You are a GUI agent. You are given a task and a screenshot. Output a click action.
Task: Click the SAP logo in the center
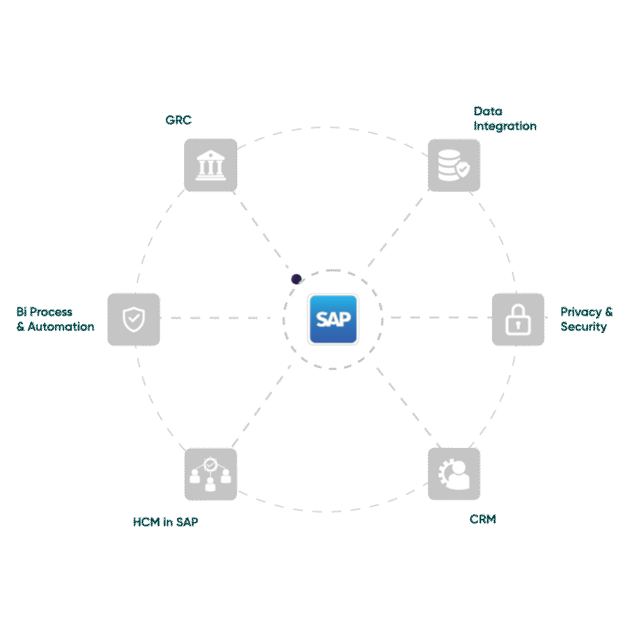[332, 319]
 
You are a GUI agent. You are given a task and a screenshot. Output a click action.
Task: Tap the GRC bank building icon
[210, 165]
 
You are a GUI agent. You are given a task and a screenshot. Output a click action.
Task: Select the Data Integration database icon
[454, 165]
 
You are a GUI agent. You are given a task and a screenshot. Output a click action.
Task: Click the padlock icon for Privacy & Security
[518, 319]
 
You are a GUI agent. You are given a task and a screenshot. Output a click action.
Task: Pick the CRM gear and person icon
[454, 473]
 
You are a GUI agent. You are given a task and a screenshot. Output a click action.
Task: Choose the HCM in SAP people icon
[210, 473]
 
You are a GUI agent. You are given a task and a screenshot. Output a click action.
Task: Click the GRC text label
[178, 120]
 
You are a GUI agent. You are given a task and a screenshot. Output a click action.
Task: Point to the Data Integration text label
[504, 119]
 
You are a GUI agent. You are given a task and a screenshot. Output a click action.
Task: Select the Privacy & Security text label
[586, 319]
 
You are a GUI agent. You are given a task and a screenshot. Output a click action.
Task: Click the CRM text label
[482, 520]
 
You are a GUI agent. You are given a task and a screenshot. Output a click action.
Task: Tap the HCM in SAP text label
[166, 522]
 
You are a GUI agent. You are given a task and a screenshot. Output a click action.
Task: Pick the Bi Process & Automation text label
[55, 319]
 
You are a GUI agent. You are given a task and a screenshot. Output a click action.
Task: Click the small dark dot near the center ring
[296, 279]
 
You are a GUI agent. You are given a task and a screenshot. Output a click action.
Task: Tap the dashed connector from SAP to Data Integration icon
[396, 230]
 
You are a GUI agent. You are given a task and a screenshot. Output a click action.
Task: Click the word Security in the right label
[583, 327]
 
